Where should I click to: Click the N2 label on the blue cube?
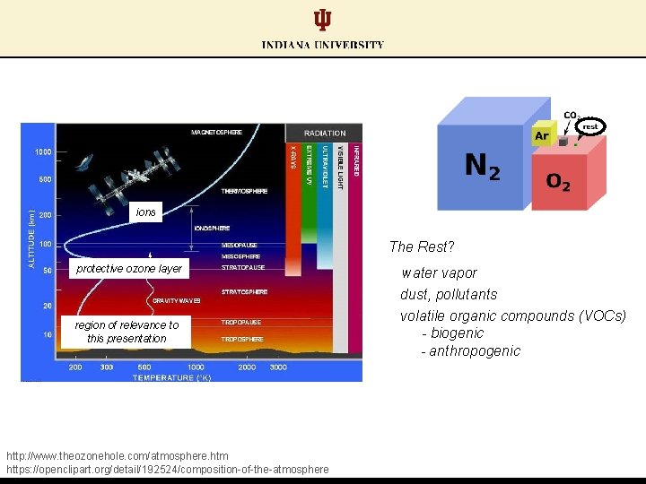click(x=482, y=167)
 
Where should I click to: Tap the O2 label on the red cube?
click(x=558, y=182)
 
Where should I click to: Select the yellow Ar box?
click(x=541, y=136)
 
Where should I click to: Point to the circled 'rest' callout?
click(x=589, y=126)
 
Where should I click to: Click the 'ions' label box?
click(x=145, y=212)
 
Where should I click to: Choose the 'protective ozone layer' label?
click(x=129, y=269)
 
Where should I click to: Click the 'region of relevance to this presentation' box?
click(x=127, y=332)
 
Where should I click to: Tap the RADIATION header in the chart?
click(x=324, y=133)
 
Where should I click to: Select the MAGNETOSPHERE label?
click(x=216, y=133)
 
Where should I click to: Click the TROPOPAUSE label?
click(x=241, y=322)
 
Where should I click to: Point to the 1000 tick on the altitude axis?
click(x=42, y=152)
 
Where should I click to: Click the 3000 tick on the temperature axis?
click(x=278, y=367)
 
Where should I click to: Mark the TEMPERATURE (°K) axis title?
click(x=172, y=377)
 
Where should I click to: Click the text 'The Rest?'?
click(x=422, y=246)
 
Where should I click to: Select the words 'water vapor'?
click(x=439, y=272)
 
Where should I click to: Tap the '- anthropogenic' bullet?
click(x=470, y=350)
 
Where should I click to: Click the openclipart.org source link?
click(x=167, y=469)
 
